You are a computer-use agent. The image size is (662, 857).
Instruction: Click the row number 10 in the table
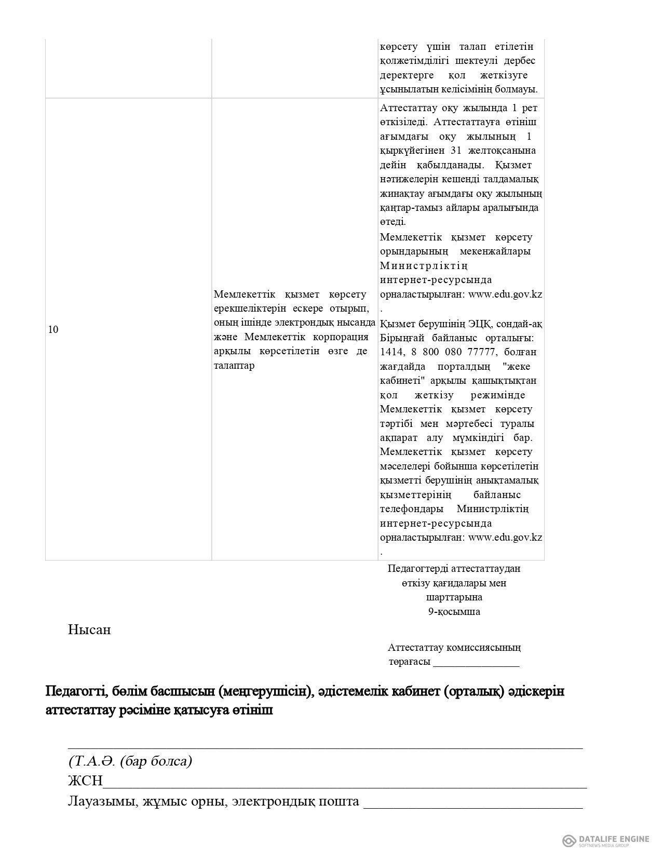[53, 329]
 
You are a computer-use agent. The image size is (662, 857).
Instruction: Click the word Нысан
[89, 630]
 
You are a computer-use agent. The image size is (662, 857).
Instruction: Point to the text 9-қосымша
[454, 611]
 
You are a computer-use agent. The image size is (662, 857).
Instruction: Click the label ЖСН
[85, 781]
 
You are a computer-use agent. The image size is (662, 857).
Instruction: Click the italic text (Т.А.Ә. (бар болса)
[130, 761]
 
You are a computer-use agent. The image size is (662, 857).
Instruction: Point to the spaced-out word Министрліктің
[424, 266]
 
